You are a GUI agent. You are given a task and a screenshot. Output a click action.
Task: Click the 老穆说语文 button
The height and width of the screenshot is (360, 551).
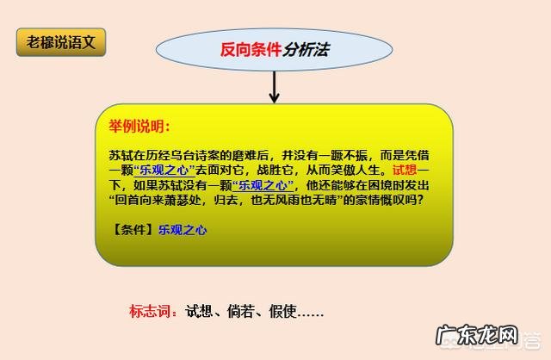tap(60, 42)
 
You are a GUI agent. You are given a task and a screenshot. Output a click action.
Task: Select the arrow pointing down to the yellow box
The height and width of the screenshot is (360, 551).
tap(275, 87)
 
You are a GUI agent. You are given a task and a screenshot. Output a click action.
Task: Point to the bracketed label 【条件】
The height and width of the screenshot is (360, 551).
tap(132, 230)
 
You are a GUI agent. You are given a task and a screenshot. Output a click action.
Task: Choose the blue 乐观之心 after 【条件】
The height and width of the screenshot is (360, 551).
tap(182, 230)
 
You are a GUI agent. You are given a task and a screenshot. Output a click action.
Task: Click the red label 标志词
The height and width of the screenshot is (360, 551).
tap(152, 312)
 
